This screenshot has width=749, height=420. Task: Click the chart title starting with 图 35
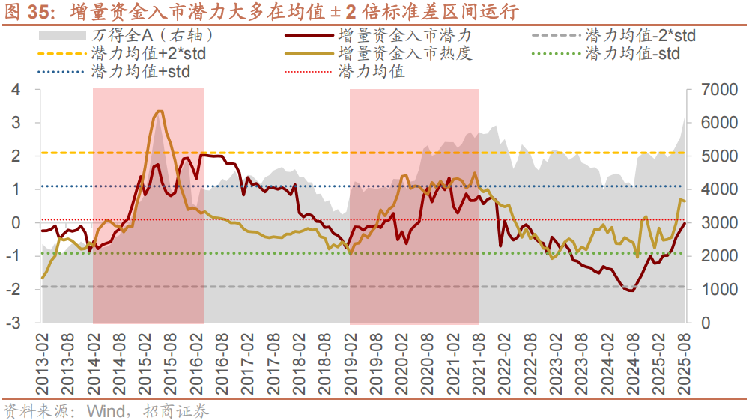pos(262,13)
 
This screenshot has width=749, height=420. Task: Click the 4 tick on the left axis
pos(16,90)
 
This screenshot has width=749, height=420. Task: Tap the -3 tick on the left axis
pos(13,323)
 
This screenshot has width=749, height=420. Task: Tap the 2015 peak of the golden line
pos(160,111)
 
